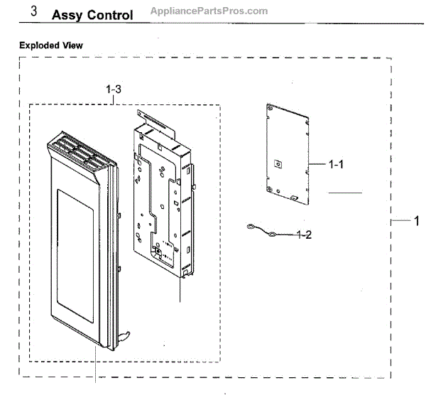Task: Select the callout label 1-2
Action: click(x=304, y=234)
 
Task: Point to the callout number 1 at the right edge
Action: click(x=417, y=221)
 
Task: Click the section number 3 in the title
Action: click(x=34, y=13)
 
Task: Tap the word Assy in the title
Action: click(x=67, y=15)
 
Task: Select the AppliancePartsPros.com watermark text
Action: click(x=209, y=11)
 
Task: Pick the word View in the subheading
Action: click(x=74, y=45)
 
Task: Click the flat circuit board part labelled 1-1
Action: click(x=286, y=151)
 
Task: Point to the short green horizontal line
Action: click(x=344, y=193)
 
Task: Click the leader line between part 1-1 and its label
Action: click(x=318, y=164)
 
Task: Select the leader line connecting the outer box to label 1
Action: click(x=402, y=222)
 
